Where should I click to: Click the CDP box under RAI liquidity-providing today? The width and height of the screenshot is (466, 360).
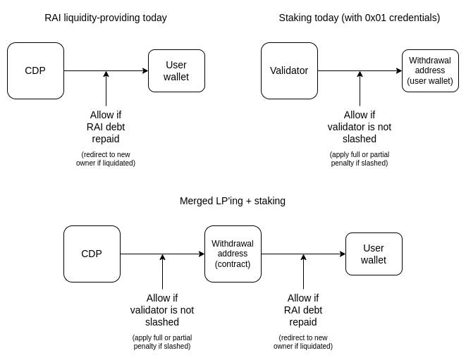[35, 70]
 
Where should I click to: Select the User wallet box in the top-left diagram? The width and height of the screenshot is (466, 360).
[176, 70]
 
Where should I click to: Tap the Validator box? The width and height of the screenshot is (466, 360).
[289, 70]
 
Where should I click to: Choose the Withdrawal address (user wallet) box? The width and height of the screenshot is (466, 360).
[430, 70]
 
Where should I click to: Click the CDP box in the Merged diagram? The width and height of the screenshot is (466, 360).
[92, 254]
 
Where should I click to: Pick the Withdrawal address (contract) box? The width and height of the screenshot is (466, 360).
[233, 254]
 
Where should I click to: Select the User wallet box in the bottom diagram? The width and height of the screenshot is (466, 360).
[374, 254]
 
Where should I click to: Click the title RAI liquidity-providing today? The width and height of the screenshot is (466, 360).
[106, 18]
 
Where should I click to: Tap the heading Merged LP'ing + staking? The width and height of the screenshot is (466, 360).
[233, 201]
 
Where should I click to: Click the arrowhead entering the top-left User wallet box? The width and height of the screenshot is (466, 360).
[145, 70]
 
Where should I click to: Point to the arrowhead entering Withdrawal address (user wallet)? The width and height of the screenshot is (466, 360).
[399, 70]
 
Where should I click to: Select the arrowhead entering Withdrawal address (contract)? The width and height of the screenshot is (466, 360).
[202, 254]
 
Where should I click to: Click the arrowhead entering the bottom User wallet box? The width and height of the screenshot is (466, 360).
[343, 254]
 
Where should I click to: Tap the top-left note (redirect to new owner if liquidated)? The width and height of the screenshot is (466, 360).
[106, 159]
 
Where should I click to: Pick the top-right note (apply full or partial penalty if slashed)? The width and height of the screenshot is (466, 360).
[360, 159]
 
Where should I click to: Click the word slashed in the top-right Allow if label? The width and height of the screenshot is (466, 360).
[360, 139]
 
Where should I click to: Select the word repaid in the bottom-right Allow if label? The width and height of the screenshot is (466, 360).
[303, 322]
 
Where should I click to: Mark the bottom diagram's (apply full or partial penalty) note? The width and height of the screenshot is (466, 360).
[162, 342]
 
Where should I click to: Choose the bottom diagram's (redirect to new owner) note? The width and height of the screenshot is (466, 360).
[303, 342]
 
